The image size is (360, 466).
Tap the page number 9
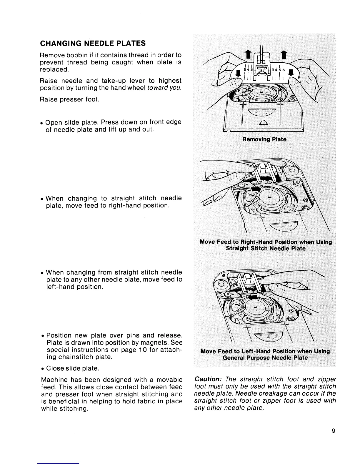click(333, 431)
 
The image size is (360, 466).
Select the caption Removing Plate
click(264, 139)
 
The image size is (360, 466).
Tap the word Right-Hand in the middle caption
click(256, 242)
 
